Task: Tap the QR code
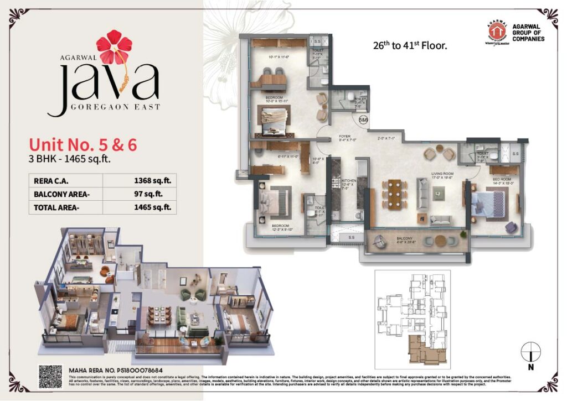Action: [x=50, y=377]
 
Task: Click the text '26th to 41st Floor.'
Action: [x=410, y=46]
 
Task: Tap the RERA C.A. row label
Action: [x=49, y=180]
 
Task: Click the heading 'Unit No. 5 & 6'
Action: [x=83, y=145]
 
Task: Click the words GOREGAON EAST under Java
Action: [x=115, y=106]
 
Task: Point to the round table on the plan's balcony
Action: [x=440, y=240]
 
